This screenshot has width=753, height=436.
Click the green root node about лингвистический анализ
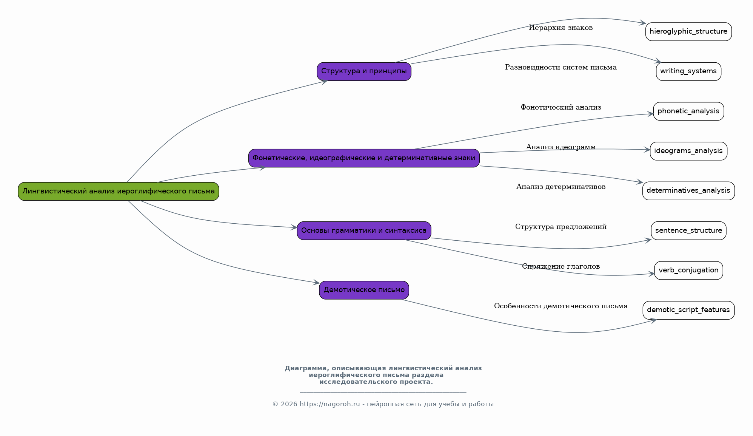pos(119,191)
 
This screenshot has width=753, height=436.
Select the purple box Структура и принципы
pos(364,71)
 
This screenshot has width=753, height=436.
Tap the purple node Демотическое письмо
pos(364,290)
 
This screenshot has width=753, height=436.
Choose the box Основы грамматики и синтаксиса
pos(364,230)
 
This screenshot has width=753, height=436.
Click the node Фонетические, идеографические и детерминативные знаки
pos(364,158)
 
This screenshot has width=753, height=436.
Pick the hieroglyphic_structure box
pos(688,32)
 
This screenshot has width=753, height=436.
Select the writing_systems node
pos(688,71)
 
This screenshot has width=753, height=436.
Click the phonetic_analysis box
pos(688,111)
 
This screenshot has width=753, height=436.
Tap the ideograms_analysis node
pos(688,151)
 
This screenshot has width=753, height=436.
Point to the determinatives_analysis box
pos(688,191)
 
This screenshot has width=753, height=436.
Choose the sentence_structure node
pos(688,230)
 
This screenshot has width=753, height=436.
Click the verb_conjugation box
pos(688,271)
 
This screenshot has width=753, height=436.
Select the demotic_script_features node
pos(688,310)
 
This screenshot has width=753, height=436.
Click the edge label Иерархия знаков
pos(561,28)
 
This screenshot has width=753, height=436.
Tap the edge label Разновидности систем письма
pos(561,67)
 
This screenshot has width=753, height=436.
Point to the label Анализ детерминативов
pos(561,187)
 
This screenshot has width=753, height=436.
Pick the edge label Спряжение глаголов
pos(561,266)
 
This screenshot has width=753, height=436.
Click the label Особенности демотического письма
pos(561,306)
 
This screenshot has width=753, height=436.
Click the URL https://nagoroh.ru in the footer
pos(330,404)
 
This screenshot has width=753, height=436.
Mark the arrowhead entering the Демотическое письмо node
pos(317,282)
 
